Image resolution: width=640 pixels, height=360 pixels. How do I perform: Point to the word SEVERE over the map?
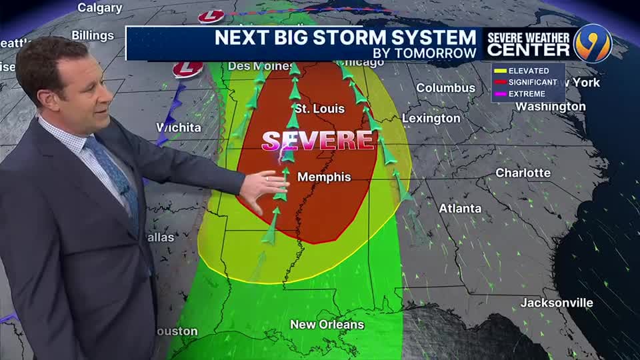pos(318,140)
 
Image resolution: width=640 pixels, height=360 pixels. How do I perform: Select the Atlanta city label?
pos(460,209)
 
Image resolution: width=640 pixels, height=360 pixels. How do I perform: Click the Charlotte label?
pos(523,173)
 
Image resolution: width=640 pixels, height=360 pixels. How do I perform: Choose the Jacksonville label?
pos(557,303)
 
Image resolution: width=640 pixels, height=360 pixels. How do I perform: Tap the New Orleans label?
pos(327,325)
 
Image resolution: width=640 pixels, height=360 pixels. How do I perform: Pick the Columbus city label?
pos(445,88)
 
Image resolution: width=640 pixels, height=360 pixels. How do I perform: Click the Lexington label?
pos(431,119)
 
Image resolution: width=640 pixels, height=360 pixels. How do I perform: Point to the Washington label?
pos(551,107)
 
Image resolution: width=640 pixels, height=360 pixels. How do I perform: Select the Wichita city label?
pos(178,127)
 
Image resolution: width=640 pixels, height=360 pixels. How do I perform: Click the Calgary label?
pos(99,8)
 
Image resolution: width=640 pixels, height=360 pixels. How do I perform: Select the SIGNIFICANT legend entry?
pos(532,82)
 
